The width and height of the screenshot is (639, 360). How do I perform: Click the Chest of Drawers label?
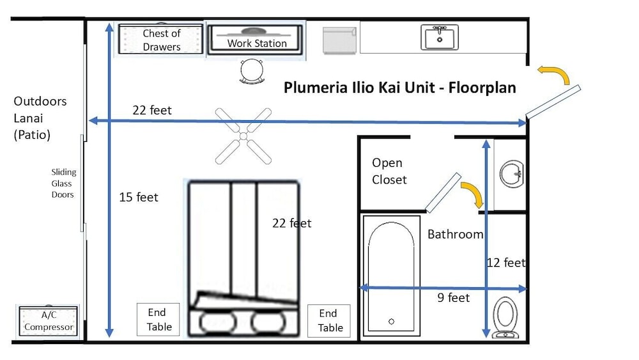161,40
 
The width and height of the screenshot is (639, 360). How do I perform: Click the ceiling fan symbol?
243,135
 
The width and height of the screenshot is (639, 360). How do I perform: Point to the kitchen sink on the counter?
440,37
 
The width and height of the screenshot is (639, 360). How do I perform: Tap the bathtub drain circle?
392,321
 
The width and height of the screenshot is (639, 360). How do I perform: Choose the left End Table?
158,320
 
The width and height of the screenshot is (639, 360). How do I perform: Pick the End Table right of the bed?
329,321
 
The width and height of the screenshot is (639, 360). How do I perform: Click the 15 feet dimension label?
139,197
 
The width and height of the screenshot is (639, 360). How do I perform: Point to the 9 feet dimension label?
454,298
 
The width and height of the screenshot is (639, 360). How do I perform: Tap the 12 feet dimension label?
505,262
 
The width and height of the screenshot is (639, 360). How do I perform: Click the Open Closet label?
389,171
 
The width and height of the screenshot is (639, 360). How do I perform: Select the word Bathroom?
455,234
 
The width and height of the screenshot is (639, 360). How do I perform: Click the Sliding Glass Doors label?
63,183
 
